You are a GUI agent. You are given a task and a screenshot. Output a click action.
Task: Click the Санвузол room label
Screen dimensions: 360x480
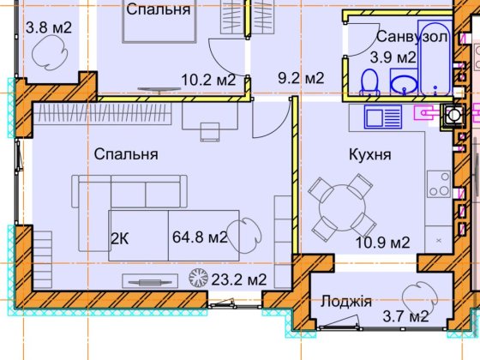tap(412, 37)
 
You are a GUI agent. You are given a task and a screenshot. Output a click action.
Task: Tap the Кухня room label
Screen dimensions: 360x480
tap(370, 155)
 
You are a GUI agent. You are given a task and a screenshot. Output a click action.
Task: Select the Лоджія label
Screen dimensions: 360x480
tap(345, 301)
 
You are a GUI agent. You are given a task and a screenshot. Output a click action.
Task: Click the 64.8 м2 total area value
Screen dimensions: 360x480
tap(199, 237)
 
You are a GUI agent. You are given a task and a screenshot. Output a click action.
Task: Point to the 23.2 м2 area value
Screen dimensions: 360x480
tap(239, 279)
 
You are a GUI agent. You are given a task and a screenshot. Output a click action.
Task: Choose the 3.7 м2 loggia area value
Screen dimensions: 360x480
tap(407, 319)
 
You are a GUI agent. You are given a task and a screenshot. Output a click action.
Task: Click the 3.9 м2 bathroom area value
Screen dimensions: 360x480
tap(393, 57)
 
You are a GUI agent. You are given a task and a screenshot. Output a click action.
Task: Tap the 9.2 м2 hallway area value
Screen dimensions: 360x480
tap(300, 78)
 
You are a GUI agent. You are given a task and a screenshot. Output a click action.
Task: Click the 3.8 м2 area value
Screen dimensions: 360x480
tap(49, 27)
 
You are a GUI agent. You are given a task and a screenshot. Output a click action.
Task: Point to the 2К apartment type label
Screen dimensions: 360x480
tap(121, 237)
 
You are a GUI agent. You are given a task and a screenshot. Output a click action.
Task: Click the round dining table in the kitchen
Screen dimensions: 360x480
tap(341, 205)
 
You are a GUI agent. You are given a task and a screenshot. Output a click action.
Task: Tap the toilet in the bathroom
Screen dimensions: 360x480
tap(370, 81)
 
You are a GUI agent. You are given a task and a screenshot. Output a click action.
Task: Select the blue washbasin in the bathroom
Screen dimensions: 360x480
tap(404, 83)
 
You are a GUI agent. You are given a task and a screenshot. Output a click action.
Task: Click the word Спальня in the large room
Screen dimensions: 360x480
tap(126, 155)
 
